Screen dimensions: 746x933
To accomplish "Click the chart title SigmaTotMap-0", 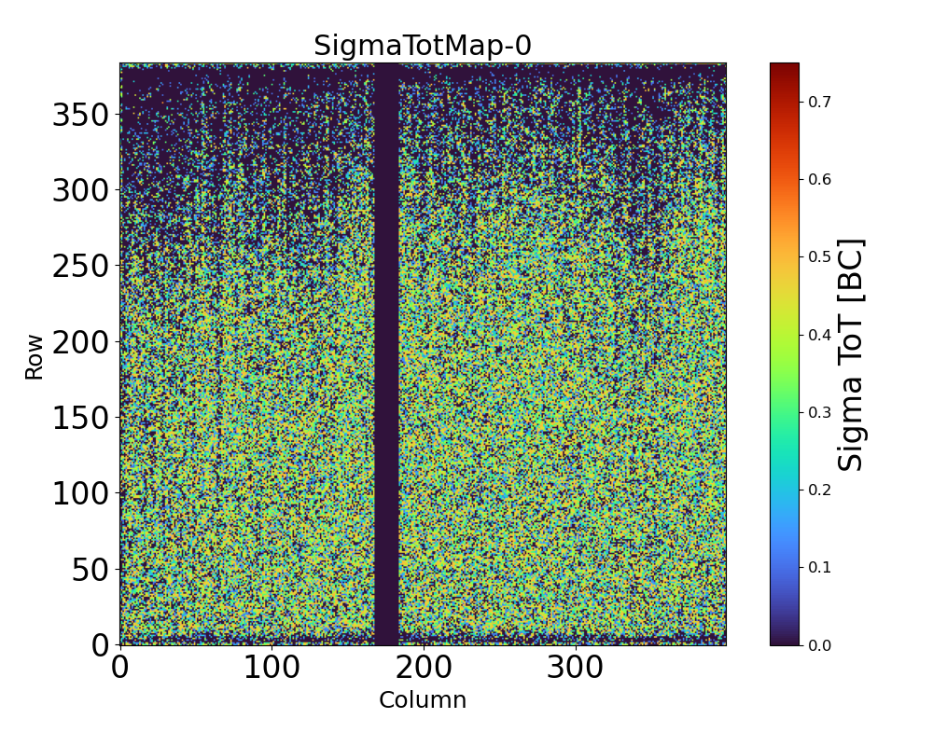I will tap(422, 46).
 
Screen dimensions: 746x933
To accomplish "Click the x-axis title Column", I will tap(422, 700).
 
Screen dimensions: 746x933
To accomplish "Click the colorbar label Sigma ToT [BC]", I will tap(850, 354).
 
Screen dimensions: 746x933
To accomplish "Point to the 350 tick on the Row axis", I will tap(81, 115).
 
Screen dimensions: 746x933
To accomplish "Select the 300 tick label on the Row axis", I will tap(81, 190).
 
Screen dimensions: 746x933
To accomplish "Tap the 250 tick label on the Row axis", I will tap(81, 266).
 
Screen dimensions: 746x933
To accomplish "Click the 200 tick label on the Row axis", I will tap(81, 342).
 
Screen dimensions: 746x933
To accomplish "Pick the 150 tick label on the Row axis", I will tap(81, 418).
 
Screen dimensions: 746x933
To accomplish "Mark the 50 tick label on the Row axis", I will tap(91, 569).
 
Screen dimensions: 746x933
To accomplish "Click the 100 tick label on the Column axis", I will tap(272, 668).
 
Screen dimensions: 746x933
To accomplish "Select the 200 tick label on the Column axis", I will tap(424, 668).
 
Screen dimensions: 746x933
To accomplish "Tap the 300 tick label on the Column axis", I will tap(575, 668).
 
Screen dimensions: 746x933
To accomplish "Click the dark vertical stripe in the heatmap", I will tap(386, 354).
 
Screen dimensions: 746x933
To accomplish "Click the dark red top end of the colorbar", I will tap(785, 67).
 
